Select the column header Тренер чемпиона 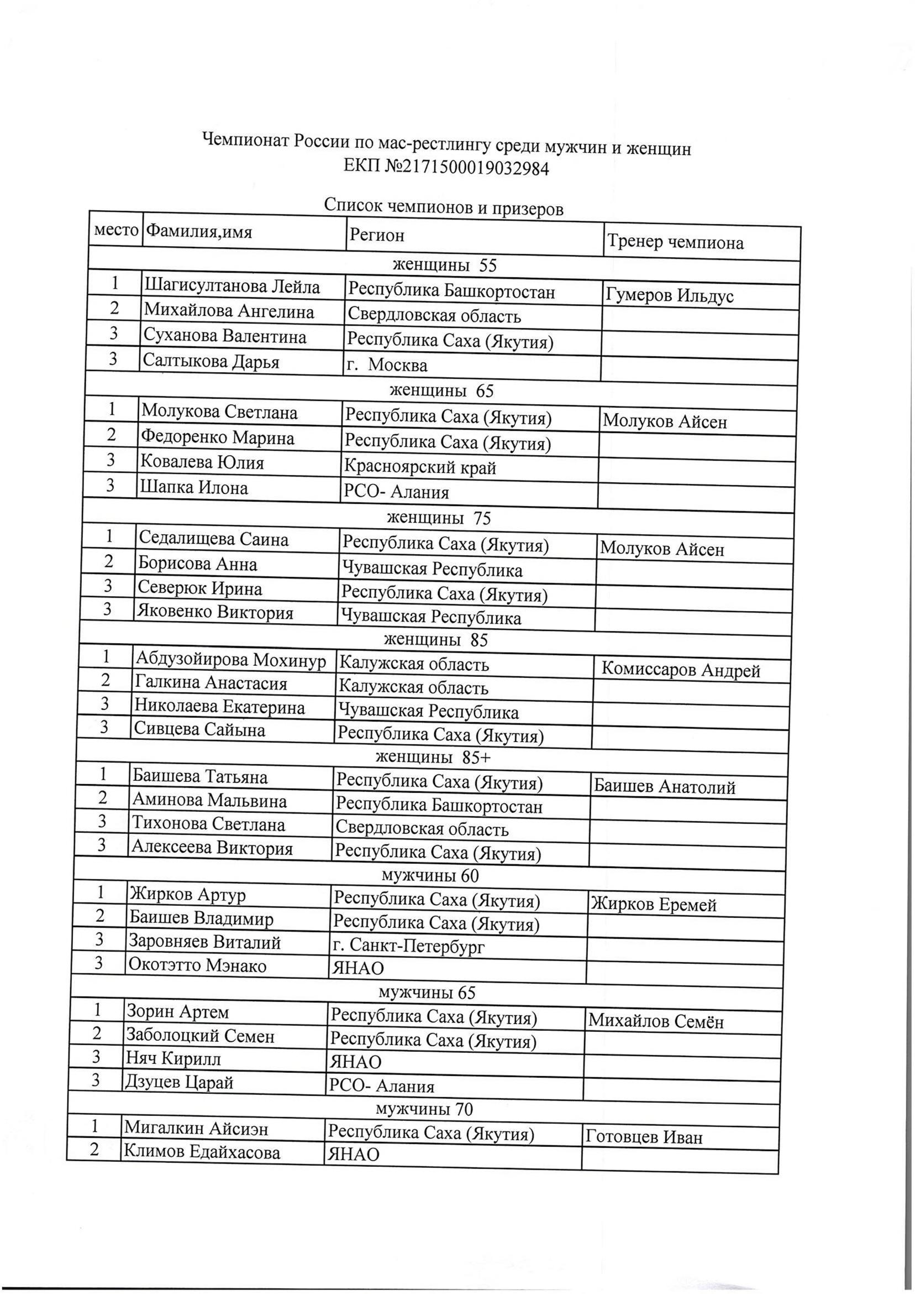pos(675,242)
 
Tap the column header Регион pos(377,234)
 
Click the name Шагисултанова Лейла pos(232,288)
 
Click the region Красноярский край pos(420,467)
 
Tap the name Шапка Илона pos(195,487)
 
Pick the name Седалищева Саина pos(214,539)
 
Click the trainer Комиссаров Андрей pos(681,670)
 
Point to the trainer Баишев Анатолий pos(664,786)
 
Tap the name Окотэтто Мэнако pos(198,966)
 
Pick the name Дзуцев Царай pos(179,1082)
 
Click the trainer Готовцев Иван pos(644,1137)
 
